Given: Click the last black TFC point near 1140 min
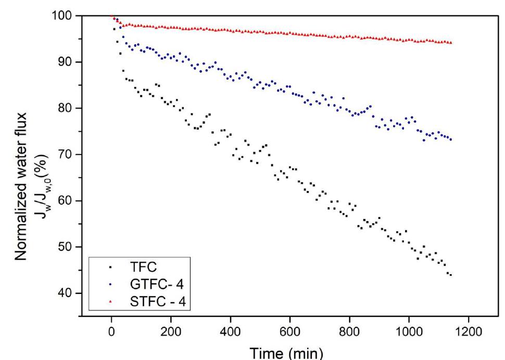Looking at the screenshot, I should coord(450,275).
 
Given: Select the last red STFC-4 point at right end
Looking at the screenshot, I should coord(450,43).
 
